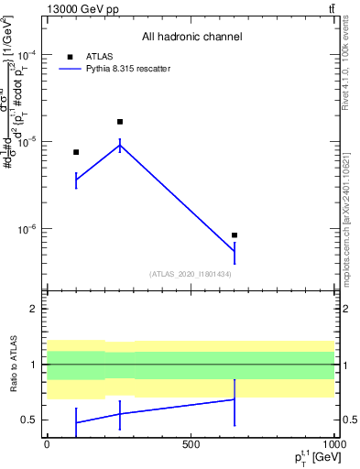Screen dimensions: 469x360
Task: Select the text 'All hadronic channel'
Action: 191,38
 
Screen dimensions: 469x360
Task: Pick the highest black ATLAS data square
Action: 120,122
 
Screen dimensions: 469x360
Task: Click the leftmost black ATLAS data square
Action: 76,152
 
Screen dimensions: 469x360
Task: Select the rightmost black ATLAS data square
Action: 235,235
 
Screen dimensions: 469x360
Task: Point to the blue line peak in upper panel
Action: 120,145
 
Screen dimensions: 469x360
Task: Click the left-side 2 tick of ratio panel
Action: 33,309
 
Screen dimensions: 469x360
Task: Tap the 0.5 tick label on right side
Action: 348,420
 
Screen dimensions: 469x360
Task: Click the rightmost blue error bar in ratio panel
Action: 235,401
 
